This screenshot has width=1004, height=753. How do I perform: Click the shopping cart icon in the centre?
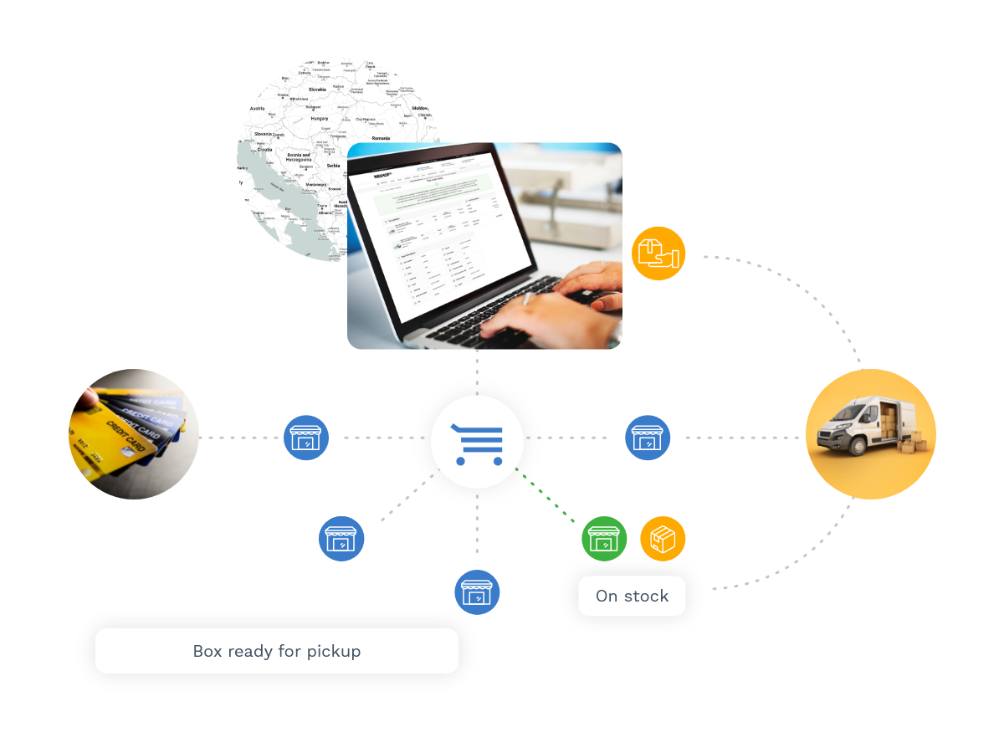(478, 443)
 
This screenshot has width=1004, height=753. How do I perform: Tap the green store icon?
(604, 539)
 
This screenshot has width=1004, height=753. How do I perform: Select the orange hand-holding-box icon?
(658, 254)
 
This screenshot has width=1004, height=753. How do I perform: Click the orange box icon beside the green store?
(663, 539)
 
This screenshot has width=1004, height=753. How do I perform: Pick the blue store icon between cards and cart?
(306, 438)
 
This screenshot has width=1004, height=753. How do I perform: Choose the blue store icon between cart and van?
(648, 438)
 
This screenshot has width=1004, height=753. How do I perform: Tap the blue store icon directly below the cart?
(477, 592)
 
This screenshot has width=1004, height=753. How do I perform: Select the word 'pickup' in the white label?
(332, 651)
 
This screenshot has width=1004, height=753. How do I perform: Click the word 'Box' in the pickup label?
(207, 651)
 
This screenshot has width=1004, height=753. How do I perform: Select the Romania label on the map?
(381, 137)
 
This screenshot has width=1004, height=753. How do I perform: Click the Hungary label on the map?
(319, 119)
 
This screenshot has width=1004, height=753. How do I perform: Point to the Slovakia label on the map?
(317, 89)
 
